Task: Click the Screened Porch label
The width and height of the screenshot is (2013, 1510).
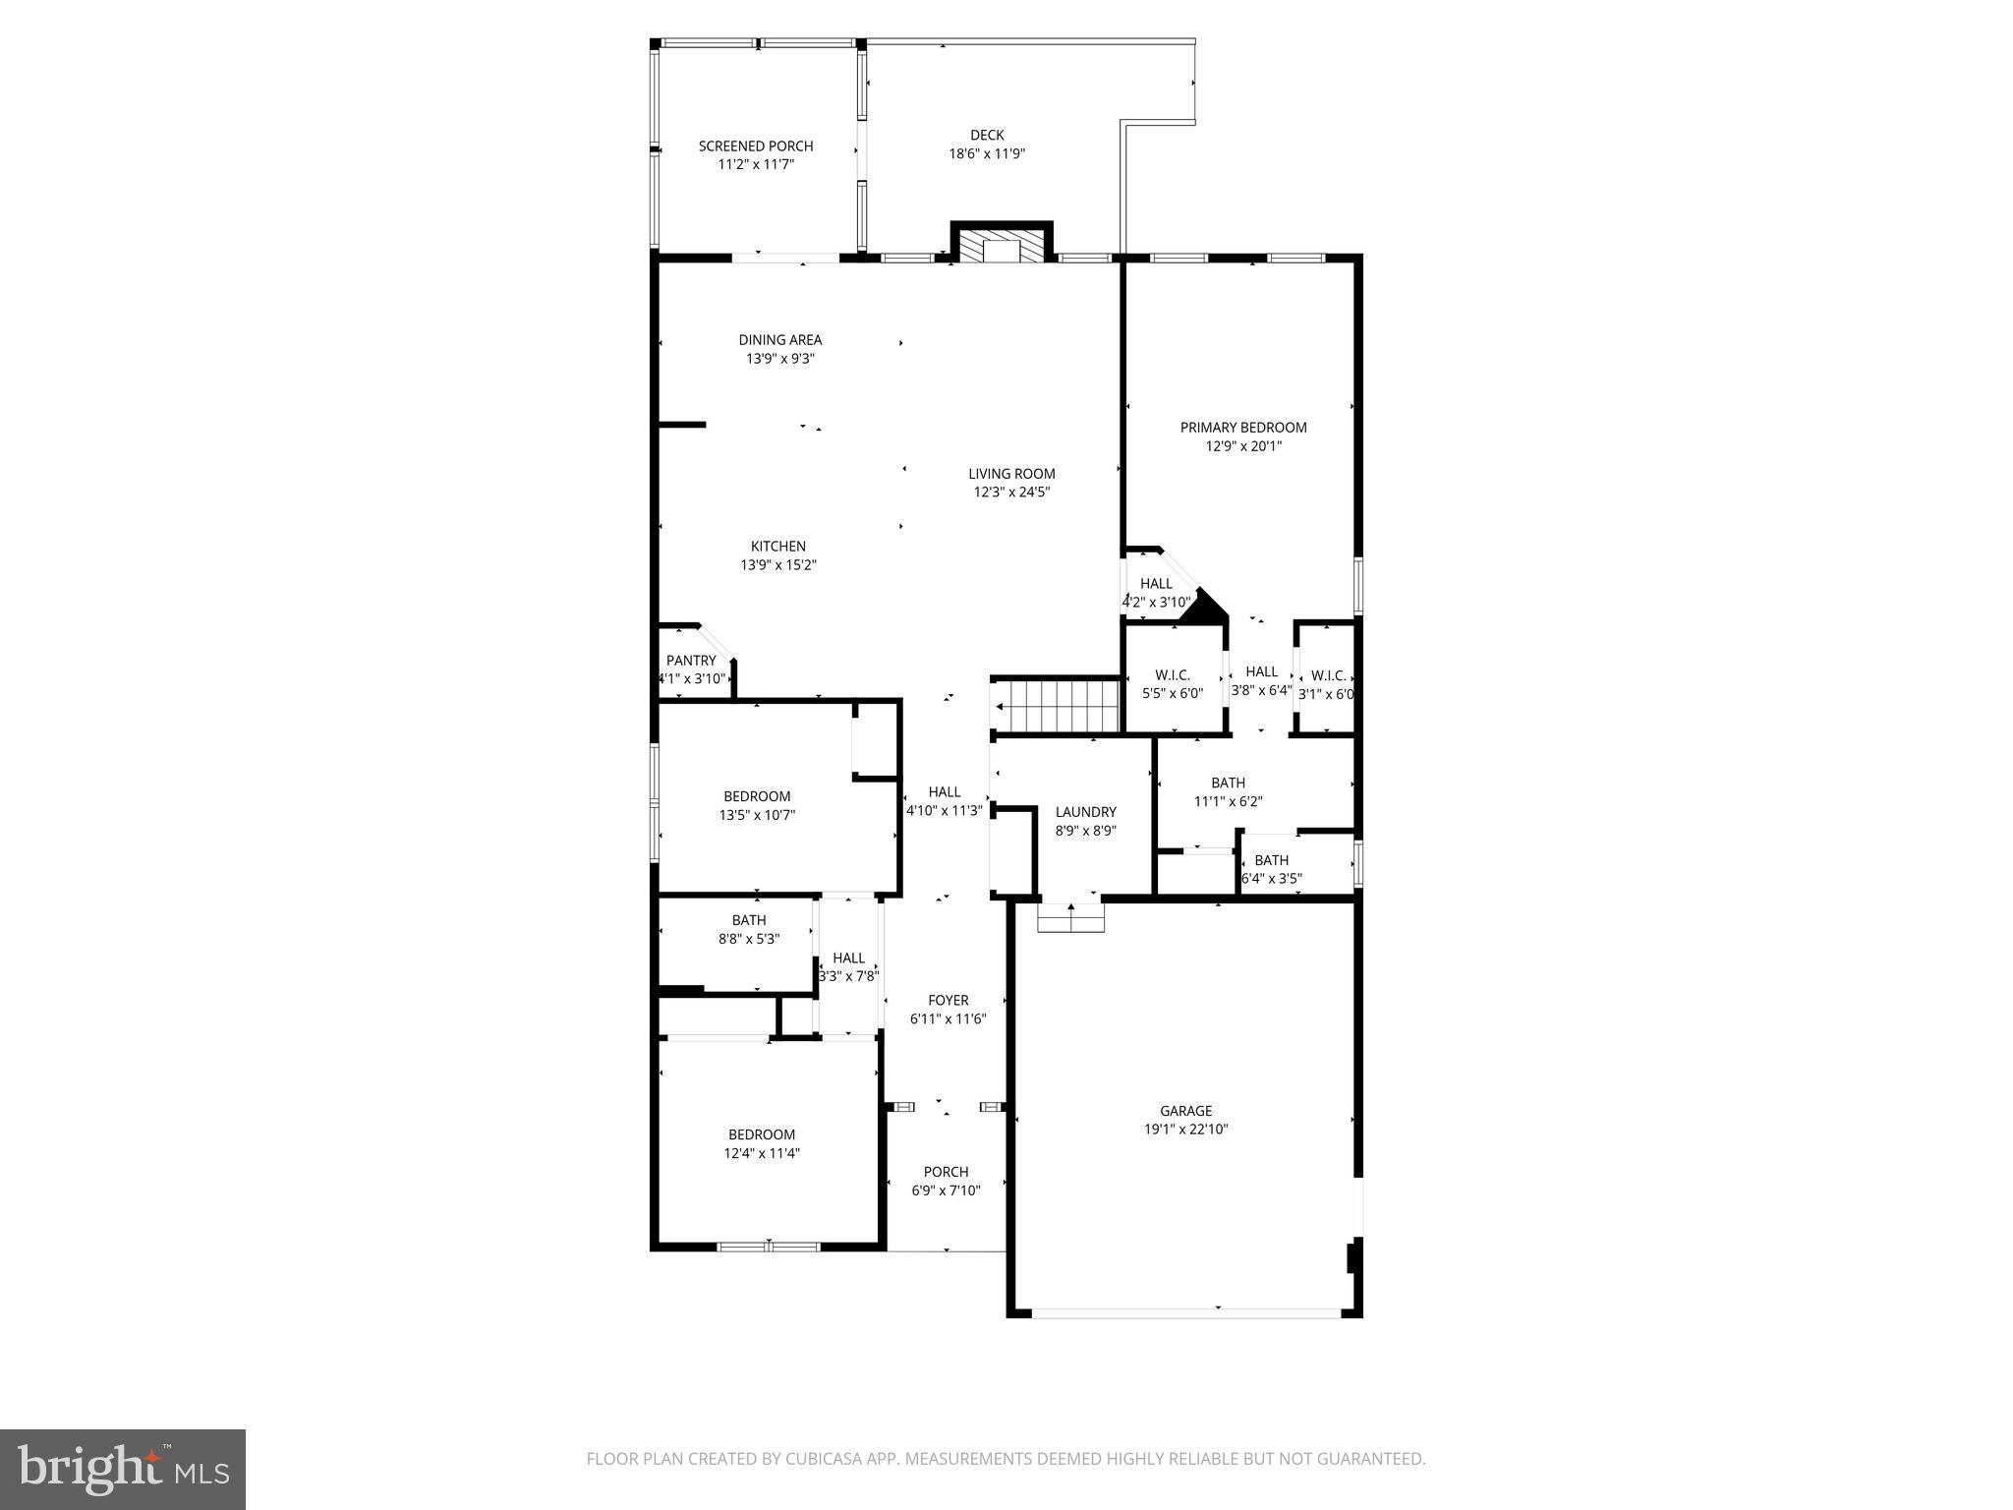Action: click(756, 145)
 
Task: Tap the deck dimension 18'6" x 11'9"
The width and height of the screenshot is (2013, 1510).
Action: click(987, 154)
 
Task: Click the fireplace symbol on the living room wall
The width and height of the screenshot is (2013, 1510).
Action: click(1002, 246)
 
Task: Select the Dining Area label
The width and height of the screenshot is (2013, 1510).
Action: click(780, 340)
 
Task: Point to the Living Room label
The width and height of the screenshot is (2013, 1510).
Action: click(1011, 473)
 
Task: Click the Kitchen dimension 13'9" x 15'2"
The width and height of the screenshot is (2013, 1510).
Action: click(778, 565)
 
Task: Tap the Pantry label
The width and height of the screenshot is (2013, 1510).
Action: click(691, 661)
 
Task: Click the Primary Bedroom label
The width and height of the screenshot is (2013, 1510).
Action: click(1243, 427)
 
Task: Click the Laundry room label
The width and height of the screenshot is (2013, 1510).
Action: click(1085, 812)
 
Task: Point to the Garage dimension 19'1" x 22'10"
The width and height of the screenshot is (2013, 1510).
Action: click(1185, 1130)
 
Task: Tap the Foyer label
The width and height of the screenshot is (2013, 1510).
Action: click(948, 1000)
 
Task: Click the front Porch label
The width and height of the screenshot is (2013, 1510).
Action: click(946, 1172)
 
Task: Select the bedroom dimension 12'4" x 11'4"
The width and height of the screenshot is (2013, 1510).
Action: click(762, 1153)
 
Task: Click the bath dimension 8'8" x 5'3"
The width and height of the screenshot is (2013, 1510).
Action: click(749, 939)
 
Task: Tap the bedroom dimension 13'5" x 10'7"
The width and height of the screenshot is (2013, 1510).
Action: click(757, 815)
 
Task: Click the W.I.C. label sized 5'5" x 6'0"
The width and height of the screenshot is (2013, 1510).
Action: click(1173, 675)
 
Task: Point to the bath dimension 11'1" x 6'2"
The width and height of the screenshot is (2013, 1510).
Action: click(1228, 801)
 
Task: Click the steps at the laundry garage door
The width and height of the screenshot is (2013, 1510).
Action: click(1070, 919)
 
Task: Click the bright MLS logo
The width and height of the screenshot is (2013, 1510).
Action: click(123, 1470)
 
